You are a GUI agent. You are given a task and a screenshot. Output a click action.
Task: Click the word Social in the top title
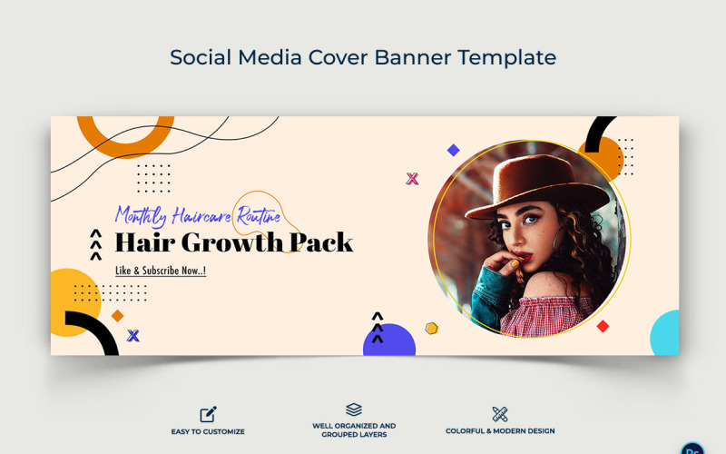(x=201, y=57)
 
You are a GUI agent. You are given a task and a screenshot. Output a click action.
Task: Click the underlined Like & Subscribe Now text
(x=161, y=271)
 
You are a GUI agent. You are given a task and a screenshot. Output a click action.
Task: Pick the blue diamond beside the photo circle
(x=453, y=150)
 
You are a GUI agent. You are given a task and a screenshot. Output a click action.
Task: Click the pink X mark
(x=412, y=179)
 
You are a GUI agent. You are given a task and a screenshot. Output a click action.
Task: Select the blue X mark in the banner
(x=133, y=336)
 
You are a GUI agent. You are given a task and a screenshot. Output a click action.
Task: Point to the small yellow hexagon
(x=432, y=328)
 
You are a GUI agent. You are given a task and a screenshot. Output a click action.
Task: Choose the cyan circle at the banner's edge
(x=667, y=333)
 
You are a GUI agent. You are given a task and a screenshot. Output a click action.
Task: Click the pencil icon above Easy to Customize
(x=208, y=414)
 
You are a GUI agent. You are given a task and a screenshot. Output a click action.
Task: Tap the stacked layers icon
(x=354, y=410)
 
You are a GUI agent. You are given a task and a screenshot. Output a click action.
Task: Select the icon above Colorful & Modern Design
(x=499, y=414)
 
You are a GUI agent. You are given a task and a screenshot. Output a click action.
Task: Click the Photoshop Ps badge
(x=693, y=446)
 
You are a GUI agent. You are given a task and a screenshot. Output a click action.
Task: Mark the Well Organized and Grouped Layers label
(x=354, y=429)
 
